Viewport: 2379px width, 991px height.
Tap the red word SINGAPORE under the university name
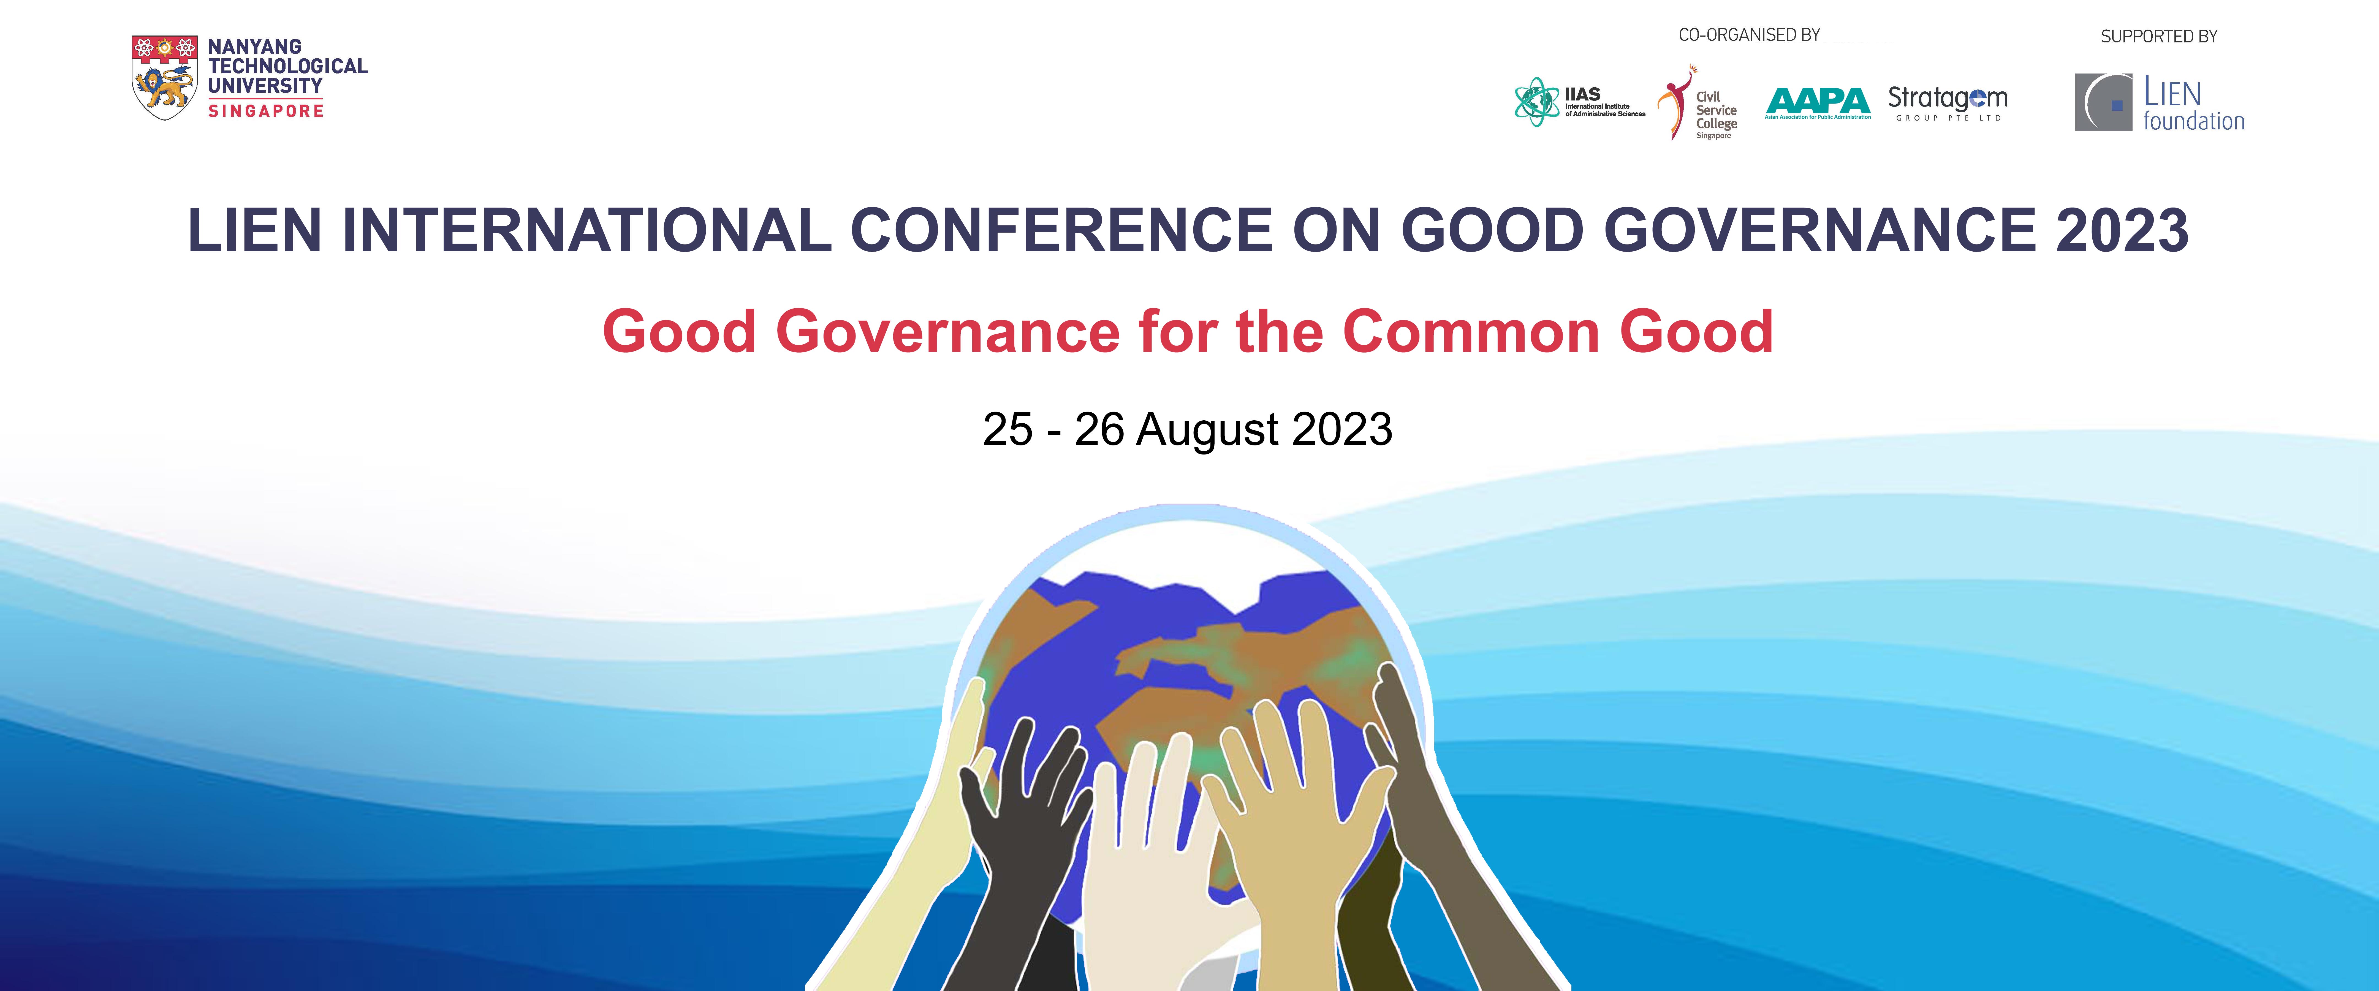[x=266, y=111]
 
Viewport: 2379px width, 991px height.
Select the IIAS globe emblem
[x=1537, y=102]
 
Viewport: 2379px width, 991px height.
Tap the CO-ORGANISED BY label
[x=1749, y=35]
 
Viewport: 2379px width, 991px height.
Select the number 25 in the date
[x=1007, y=429]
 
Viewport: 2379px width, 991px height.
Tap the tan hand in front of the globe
[x=1293, y=822]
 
